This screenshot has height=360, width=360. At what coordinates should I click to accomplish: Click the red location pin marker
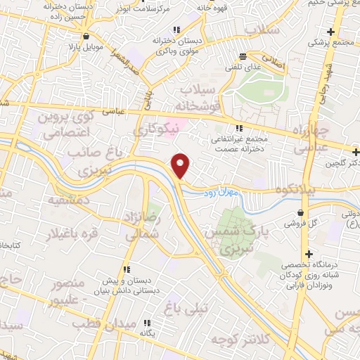click(x=181, y=165)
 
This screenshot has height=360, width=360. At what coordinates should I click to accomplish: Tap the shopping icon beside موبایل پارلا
click(x=86, y=36)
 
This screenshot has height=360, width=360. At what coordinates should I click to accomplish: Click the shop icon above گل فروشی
click(x=302, y=212)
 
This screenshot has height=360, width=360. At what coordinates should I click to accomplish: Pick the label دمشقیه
click(x=68, y=200)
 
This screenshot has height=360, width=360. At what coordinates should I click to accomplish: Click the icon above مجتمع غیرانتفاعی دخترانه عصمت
click(x=238, y=128)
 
